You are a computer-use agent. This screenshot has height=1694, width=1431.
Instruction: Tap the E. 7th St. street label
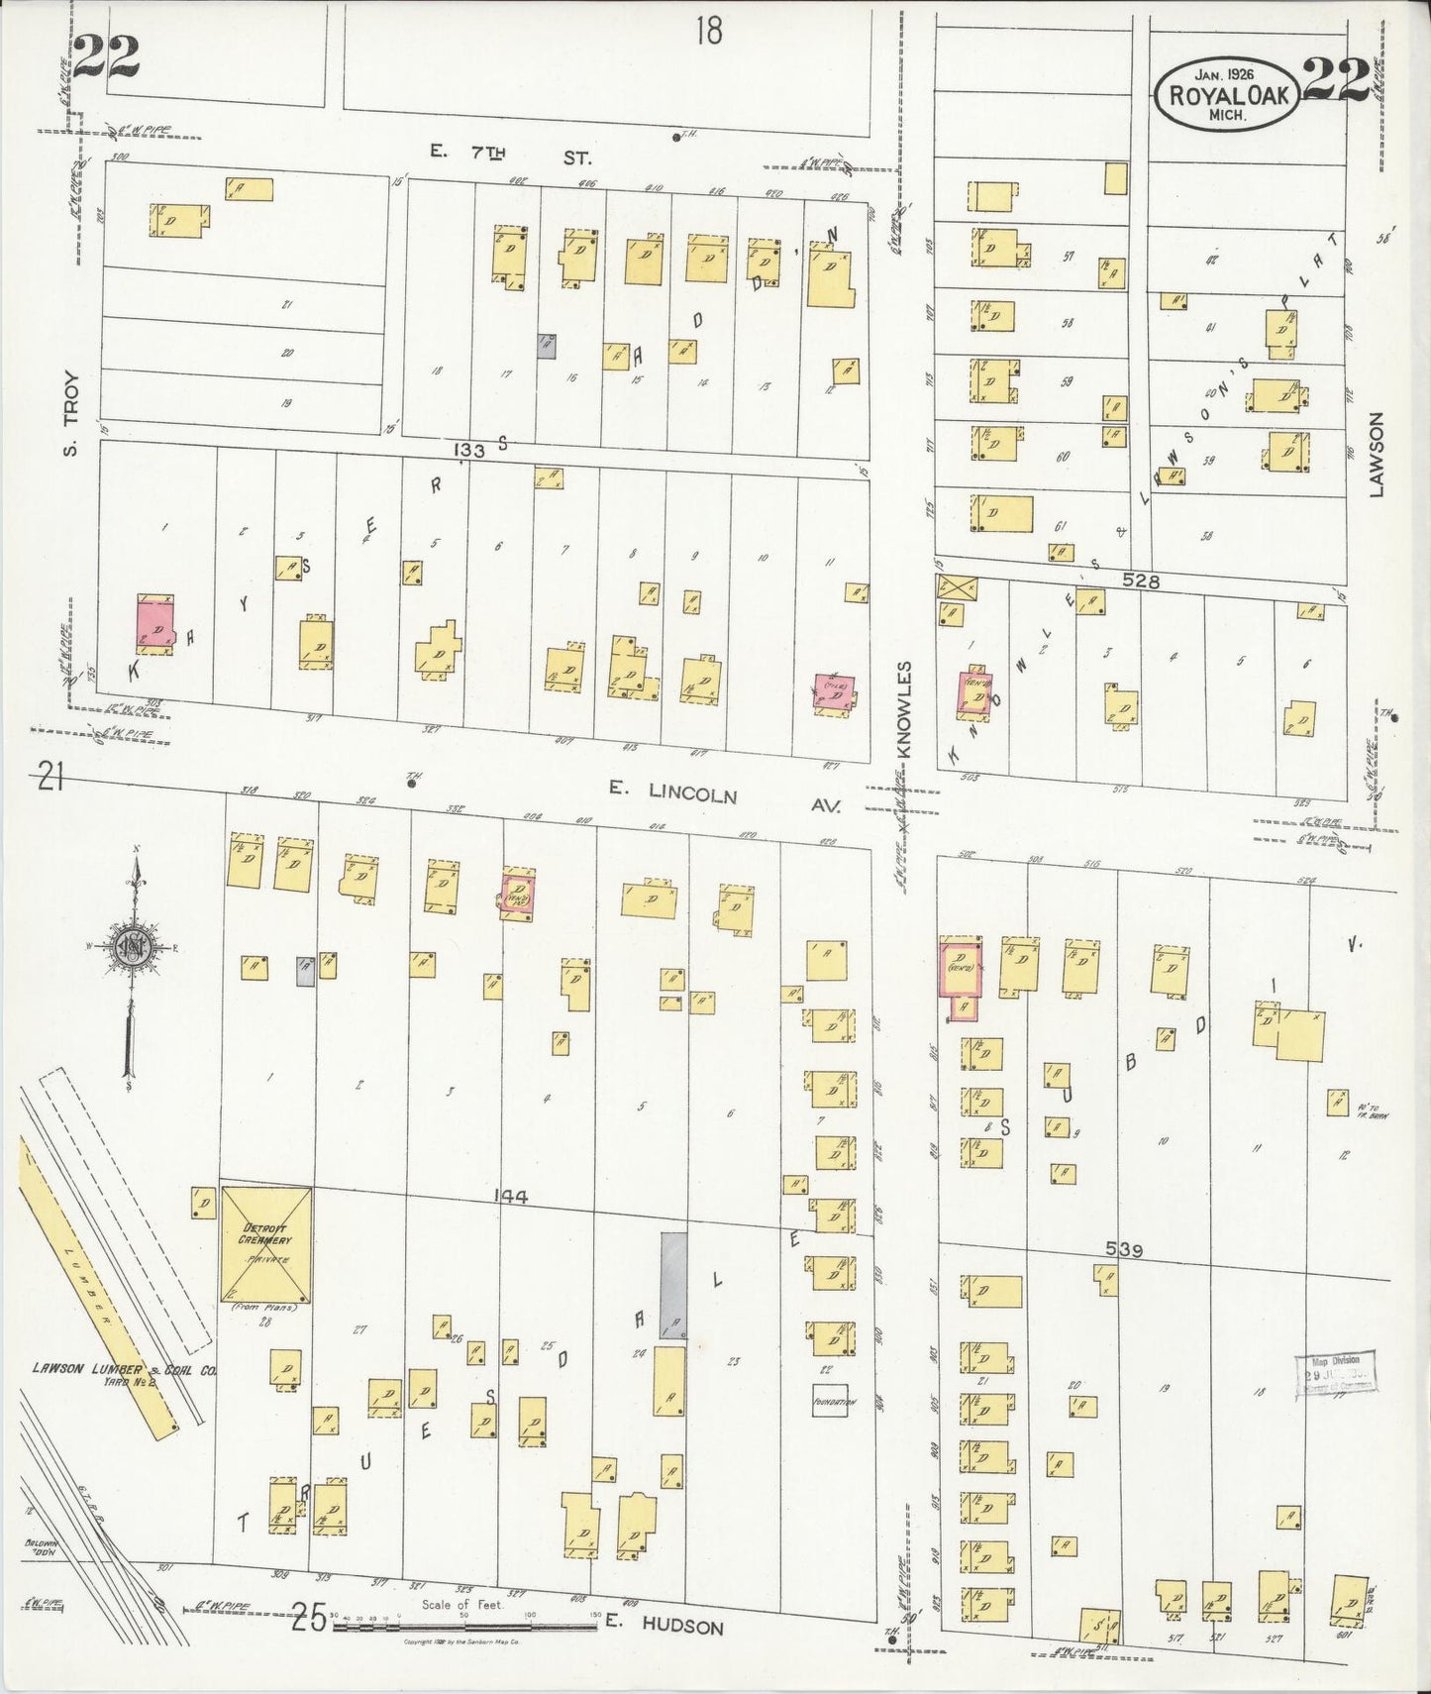tap(510, 155)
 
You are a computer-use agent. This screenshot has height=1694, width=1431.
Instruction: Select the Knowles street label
tap(903, 707)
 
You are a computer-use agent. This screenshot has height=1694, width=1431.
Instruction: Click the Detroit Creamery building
tap(265, 1246)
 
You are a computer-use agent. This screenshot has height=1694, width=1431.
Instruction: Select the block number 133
tap(469, 451)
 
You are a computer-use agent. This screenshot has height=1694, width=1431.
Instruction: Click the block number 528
tap(1140, 582)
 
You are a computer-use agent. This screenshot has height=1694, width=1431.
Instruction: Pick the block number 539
tap(1123, 1251)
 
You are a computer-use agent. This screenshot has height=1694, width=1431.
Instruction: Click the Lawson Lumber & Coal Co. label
tap(124, 1371)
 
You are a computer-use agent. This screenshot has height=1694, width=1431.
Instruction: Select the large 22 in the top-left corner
tap(106, 56)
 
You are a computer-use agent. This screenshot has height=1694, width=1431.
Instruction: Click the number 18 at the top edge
tap(708, 32)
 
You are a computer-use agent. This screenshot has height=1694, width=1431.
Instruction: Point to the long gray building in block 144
tap(673, 1285)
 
